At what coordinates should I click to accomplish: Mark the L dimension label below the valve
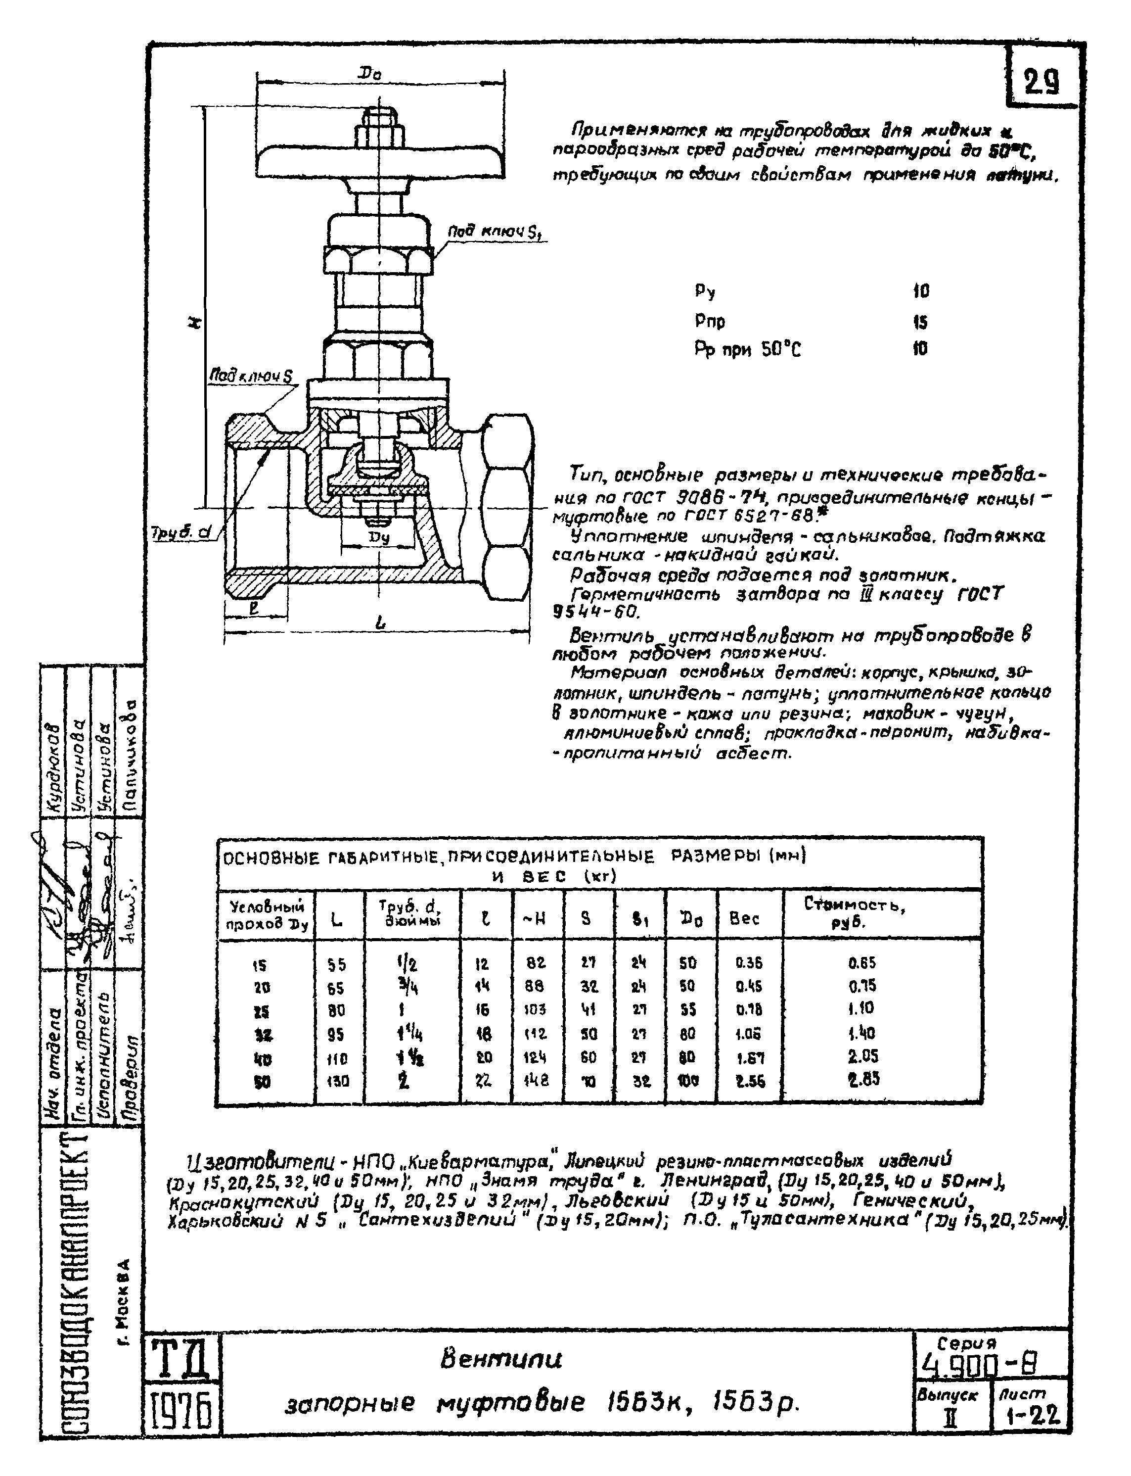381,624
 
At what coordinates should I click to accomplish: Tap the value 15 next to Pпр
920,322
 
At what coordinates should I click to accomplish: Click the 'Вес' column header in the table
745,917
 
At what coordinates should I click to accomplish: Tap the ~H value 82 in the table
536,963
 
